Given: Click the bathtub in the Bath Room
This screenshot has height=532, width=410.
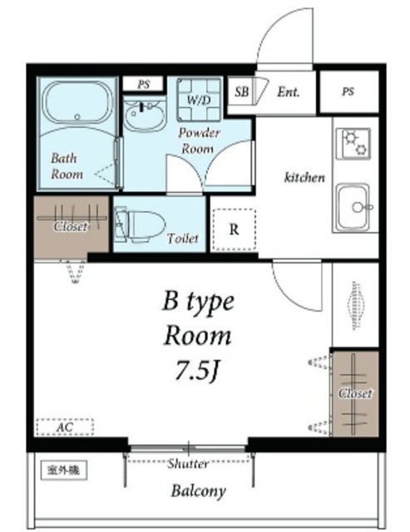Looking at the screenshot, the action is (77, 103).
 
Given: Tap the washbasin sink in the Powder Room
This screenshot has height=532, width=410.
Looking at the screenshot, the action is (144, 114).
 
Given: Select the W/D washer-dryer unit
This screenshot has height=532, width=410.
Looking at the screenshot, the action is (200, 100).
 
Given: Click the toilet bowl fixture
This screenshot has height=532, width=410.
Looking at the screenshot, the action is (140, 225).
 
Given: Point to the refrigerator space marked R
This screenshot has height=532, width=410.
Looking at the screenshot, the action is (234, 229).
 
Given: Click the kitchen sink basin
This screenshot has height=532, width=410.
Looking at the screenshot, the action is (353, 207).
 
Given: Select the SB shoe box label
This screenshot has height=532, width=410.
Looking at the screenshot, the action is (242, 91).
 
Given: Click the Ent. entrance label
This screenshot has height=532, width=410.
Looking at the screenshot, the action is (289, 92).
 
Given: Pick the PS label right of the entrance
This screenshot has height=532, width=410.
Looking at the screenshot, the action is (348, 91).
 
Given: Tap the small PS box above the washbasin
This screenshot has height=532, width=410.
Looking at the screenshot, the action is (144, 84).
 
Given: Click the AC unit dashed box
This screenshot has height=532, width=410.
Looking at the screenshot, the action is (65, 426).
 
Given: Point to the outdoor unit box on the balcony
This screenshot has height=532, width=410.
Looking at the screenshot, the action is (64, 470).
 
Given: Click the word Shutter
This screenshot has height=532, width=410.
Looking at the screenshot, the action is (188, 463).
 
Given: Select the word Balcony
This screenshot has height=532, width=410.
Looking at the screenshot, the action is (199, 491).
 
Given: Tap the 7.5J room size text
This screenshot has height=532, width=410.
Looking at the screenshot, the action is (196, 370).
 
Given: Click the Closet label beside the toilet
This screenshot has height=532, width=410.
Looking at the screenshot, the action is (71, 226).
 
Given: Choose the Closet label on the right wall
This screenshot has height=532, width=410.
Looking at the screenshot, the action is (355, 393).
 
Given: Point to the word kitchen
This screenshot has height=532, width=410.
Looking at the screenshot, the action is (304, 177).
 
